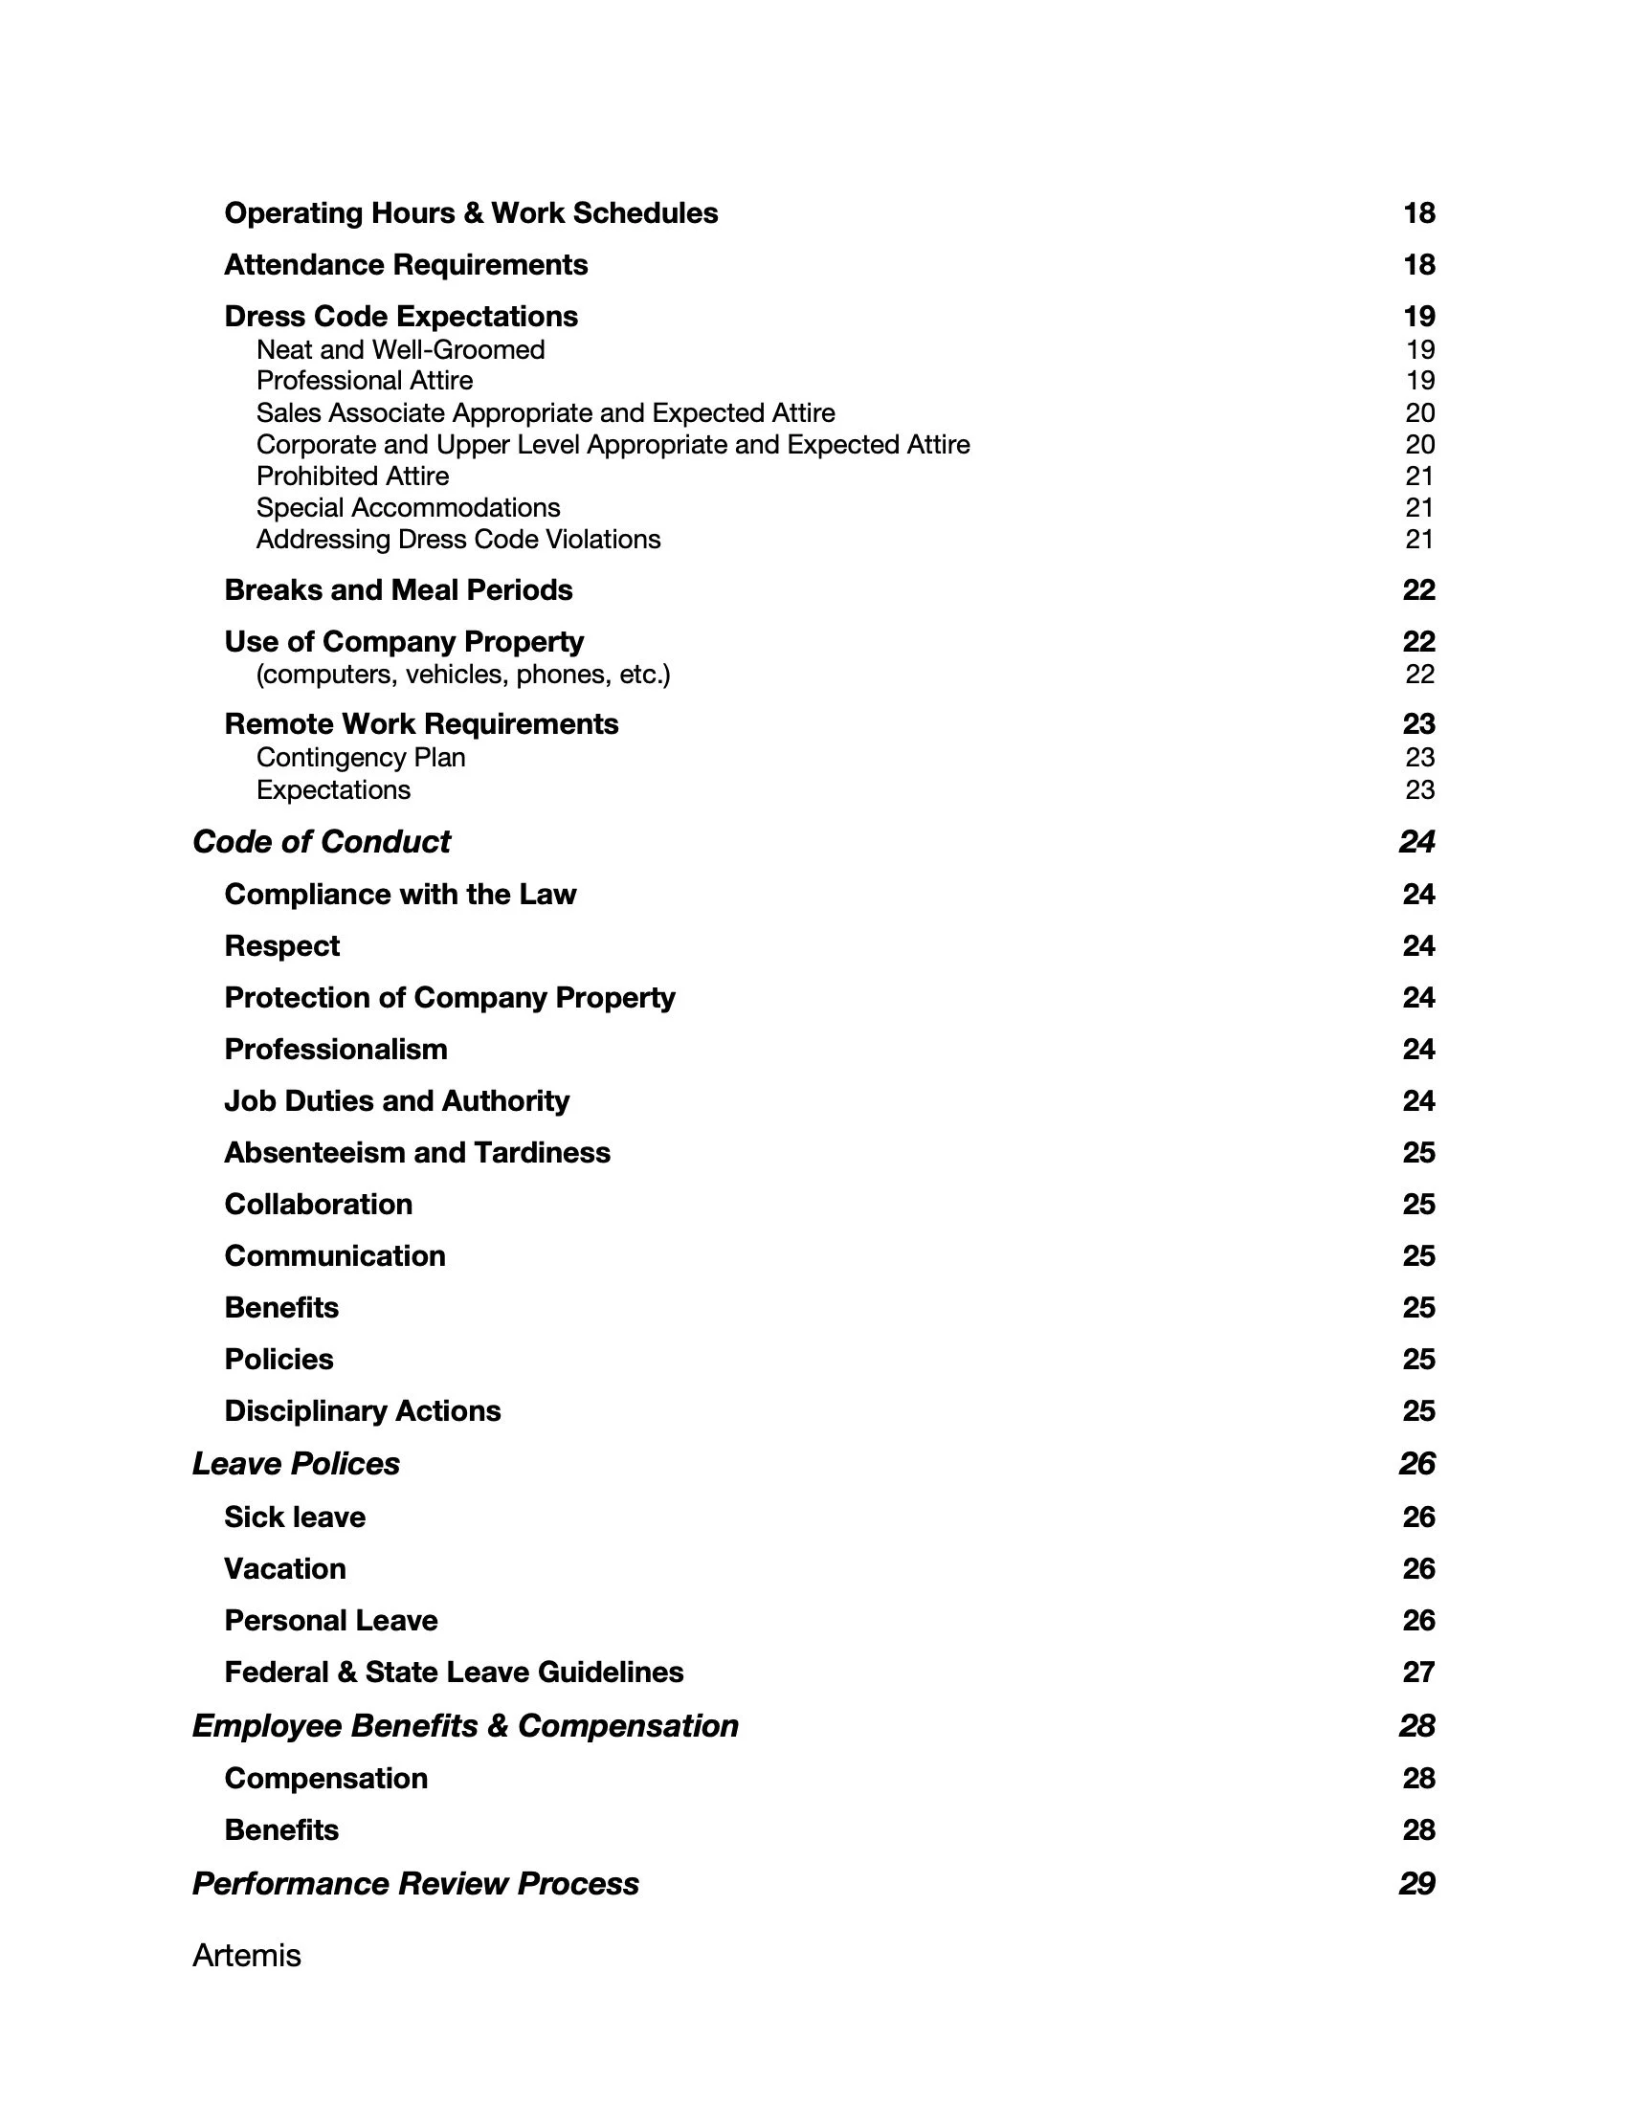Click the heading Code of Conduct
point(321,841)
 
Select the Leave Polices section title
point(296,1463)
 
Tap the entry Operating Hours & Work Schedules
point(470,213)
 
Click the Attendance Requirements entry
point(406,265)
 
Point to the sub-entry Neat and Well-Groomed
point(400,349)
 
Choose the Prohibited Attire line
point(352,476)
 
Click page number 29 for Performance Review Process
point(1416,1883)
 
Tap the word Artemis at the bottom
point(247,1955)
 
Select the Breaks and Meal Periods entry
point(398,589)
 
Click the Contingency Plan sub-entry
point(361,758)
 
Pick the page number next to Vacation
point(1418,1568)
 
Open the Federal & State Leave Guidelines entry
point(454,1672)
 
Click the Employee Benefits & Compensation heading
point(465,1725)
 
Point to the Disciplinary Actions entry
point(363,1411)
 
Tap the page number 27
point(1418,1672)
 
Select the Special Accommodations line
point(408,508)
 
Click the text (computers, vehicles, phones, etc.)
point(462,674)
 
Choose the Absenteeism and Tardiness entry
point(417,1153)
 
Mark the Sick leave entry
point(295,1518)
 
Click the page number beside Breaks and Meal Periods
point(1418,589)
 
